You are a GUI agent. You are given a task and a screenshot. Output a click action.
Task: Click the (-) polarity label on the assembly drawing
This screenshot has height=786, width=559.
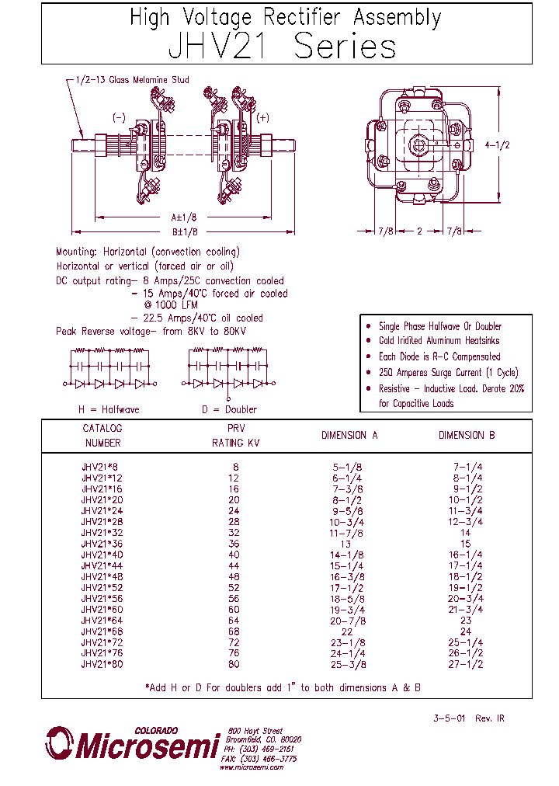pos(118,117)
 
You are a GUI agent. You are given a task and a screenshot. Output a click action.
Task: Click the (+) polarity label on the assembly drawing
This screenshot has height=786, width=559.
pos(262,117)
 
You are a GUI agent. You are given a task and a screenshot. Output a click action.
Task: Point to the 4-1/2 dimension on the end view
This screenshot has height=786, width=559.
pos(497,144)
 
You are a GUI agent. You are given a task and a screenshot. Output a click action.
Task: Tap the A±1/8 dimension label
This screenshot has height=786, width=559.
pos(183,218)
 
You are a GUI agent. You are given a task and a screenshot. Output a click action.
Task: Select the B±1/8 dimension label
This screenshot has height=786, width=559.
pos(183,231)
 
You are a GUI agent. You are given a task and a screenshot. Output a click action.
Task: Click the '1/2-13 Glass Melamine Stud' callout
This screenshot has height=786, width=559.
pos(133,80)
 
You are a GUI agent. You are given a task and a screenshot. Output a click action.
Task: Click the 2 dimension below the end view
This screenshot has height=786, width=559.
pos(419,231)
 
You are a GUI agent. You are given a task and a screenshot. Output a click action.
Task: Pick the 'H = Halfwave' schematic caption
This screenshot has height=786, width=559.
pos(109,409)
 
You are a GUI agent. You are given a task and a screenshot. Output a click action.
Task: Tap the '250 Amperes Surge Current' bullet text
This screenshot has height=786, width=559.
pos(448,372)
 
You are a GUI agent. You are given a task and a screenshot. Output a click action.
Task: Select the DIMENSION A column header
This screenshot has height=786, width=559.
pos(349,436)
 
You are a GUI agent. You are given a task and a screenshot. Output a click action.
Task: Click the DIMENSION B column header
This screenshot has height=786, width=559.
pos(466,436)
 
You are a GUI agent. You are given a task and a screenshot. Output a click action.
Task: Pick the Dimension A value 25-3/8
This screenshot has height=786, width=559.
pos(348,664)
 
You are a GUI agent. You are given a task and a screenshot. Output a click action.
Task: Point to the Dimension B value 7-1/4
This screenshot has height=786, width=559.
pos(466,467)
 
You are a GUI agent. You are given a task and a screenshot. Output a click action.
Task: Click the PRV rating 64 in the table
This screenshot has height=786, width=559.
pos(234,621)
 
